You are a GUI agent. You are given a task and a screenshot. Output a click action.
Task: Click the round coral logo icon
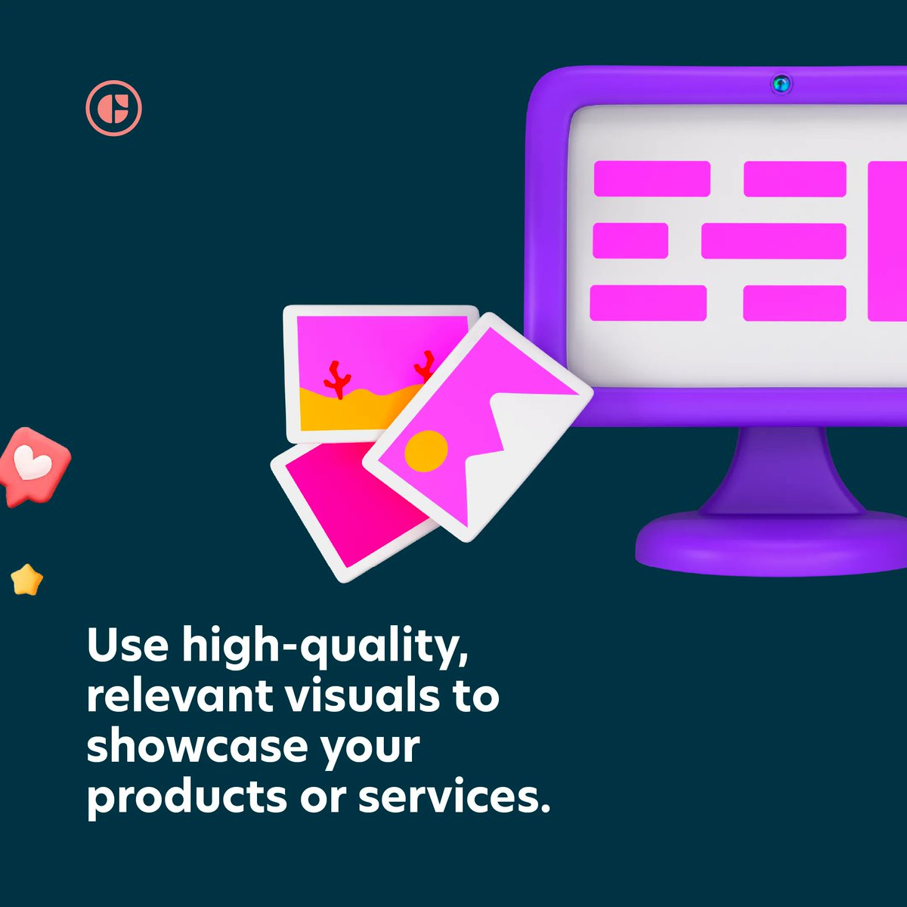pyautogui.click(x=113, y=108)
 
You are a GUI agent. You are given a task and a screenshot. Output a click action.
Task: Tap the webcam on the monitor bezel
pyautogui.click(x=781, y=83)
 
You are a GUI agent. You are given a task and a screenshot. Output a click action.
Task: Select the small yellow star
pyautogui.click(x=27, y=580)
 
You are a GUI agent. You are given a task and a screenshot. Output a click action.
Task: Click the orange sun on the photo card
pyautogui.click(x=426, y=451)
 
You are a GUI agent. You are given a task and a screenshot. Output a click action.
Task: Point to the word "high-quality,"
pyautogui.click(x=325, y=647)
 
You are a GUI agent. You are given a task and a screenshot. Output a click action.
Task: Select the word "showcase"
pyautogui.click(x=197, y=746)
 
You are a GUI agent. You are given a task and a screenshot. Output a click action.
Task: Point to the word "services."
pyautogui.click(x=453, y=797)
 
